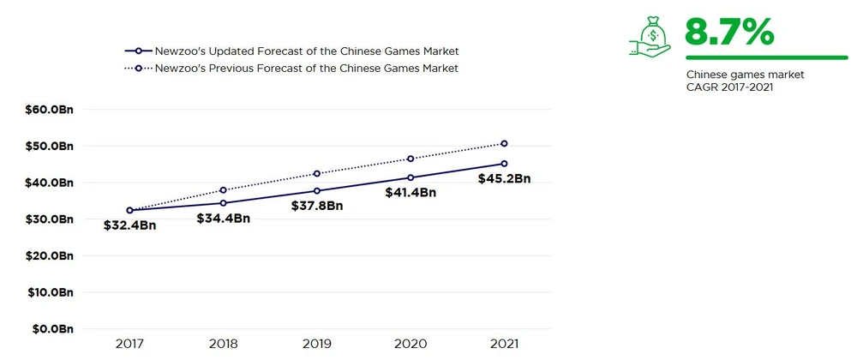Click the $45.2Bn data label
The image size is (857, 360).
pos(505,179)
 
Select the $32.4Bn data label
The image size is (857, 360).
pos(131,225)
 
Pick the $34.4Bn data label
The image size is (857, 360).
pos(223,219)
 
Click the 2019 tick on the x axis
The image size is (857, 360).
pos(317,344)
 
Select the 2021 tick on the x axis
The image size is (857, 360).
pos(504,344)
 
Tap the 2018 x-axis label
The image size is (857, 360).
pos(224,344)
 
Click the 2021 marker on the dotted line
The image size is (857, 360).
pos(504,143)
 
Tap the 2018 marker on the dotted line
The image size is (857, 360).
pos(224,190)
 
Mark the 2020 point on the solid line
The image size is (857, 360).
pos(411,177)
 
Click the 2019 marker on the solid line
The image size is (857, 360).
pos(317,191)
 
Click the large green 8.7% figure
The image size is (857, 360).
pos(729,31)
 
